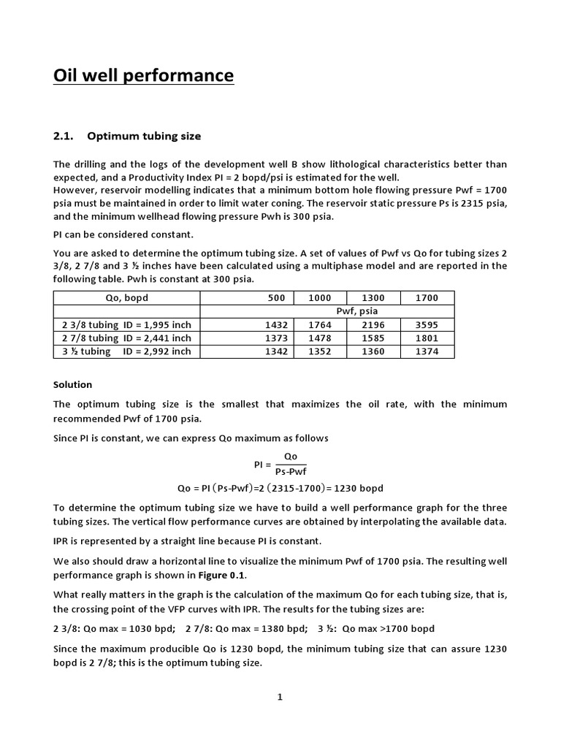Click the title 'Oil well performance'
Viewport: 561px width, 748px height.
144,75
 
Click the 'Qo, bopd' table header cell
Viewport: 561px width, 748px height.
126,298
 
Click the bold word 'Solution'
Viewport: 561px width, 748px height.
73,384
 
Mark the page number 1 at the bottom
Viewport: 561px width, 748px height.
280,697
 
